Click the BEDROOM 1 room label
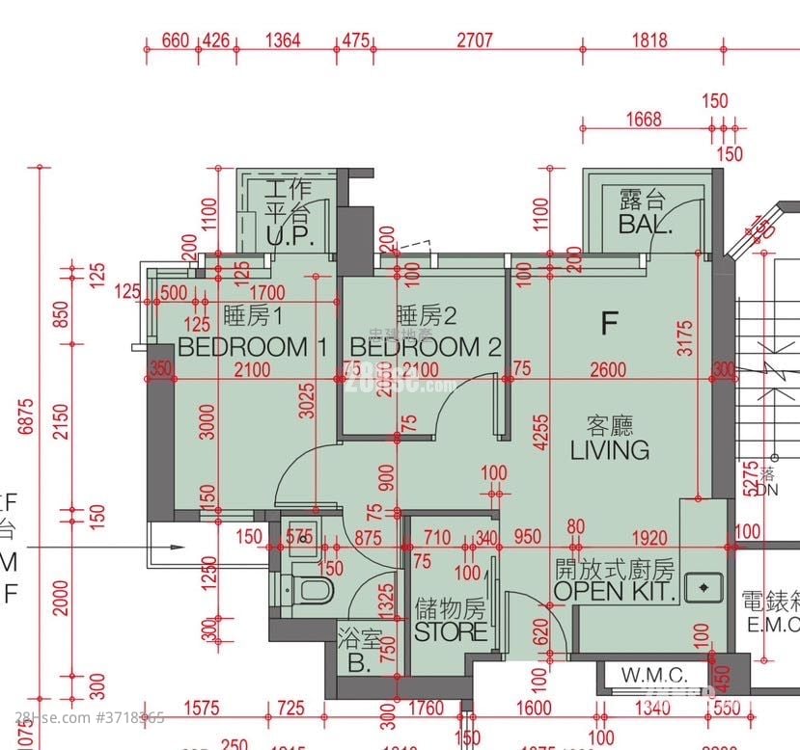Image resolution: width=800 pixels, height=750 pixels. [253, 346]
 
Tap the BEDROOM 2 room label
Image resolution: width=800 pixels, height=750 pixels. [425, 346]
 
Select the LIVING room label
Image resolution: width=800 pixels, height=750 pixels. [609, 449]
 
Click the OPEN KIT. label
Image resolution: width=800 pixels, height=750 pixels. [614, 591]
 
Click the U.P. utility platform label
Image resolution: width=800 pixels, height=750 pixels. [287, 236]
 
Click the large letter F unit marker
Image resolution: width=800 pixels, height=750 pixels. [608, 324]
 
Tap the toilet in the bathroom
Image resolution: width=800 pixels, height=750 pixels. [311, 589]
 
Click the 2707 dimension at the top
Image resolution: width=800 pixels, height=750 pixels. [474, 40]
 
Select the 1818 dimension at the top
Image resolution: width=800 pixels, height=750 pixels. [649, 40]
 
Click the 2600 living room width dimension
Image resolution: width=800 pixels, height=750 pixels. [609, 370]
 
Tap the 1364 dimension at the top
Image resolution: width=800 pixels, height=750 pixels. [282, 40]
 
